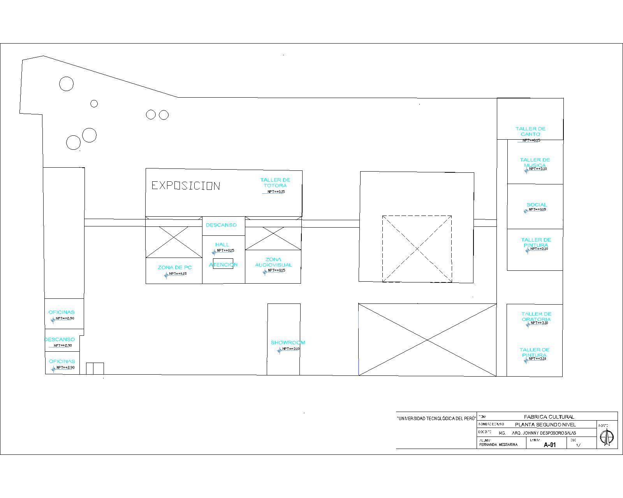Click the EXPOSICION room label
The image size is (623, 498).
(186, 186)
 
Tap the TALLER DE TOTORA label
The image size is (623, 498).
(275, 182)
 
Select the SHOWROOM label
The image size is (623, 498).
(288, 342)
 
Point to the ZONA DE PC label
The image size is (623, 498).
(174, 267)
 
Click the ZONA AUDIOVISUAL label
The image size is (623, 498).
(273, 262)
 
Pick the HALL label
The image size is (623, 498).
(222, 244)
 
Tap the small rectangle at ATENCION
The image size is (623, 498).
(223, 263)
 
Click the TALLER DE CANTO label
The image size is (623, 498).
(530, 131)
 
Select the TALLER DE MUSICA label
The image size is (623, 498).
(535, 162)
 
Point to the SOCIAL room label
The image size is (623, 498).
(537, 205)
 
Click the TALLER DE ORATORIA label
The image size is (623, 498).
(536, 317)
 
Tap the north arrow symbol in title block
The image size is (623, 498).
(607, 437)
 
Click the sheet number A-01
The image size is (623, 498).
(549, 445)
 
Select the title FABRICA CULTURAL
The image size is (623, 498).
(549, 417)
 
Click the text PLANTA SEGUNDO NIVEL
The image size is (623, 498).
(545, 424)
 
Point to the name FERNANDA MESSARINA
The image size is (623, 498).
(498, 444)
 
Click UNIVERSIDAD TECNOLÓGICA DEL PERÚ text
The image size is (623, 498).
(436, 418)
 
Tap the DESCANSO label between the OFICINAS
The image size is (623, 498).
(60, 339)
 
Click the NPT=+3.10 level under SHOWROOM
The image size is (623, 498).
(291, 349)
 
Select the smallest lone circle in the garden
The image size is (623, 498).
(94, 103)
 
